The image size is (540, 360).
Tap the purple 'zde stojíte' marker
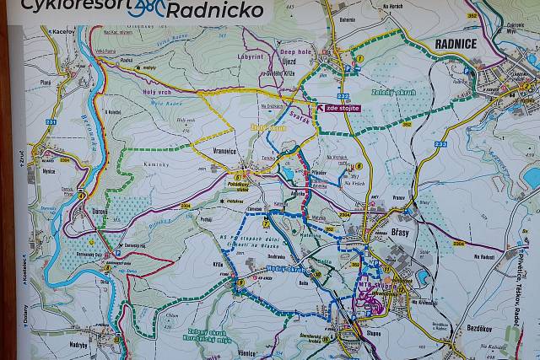(x=337, y=108)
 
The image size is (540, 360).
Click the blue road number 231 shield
(x=51, y=123)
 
